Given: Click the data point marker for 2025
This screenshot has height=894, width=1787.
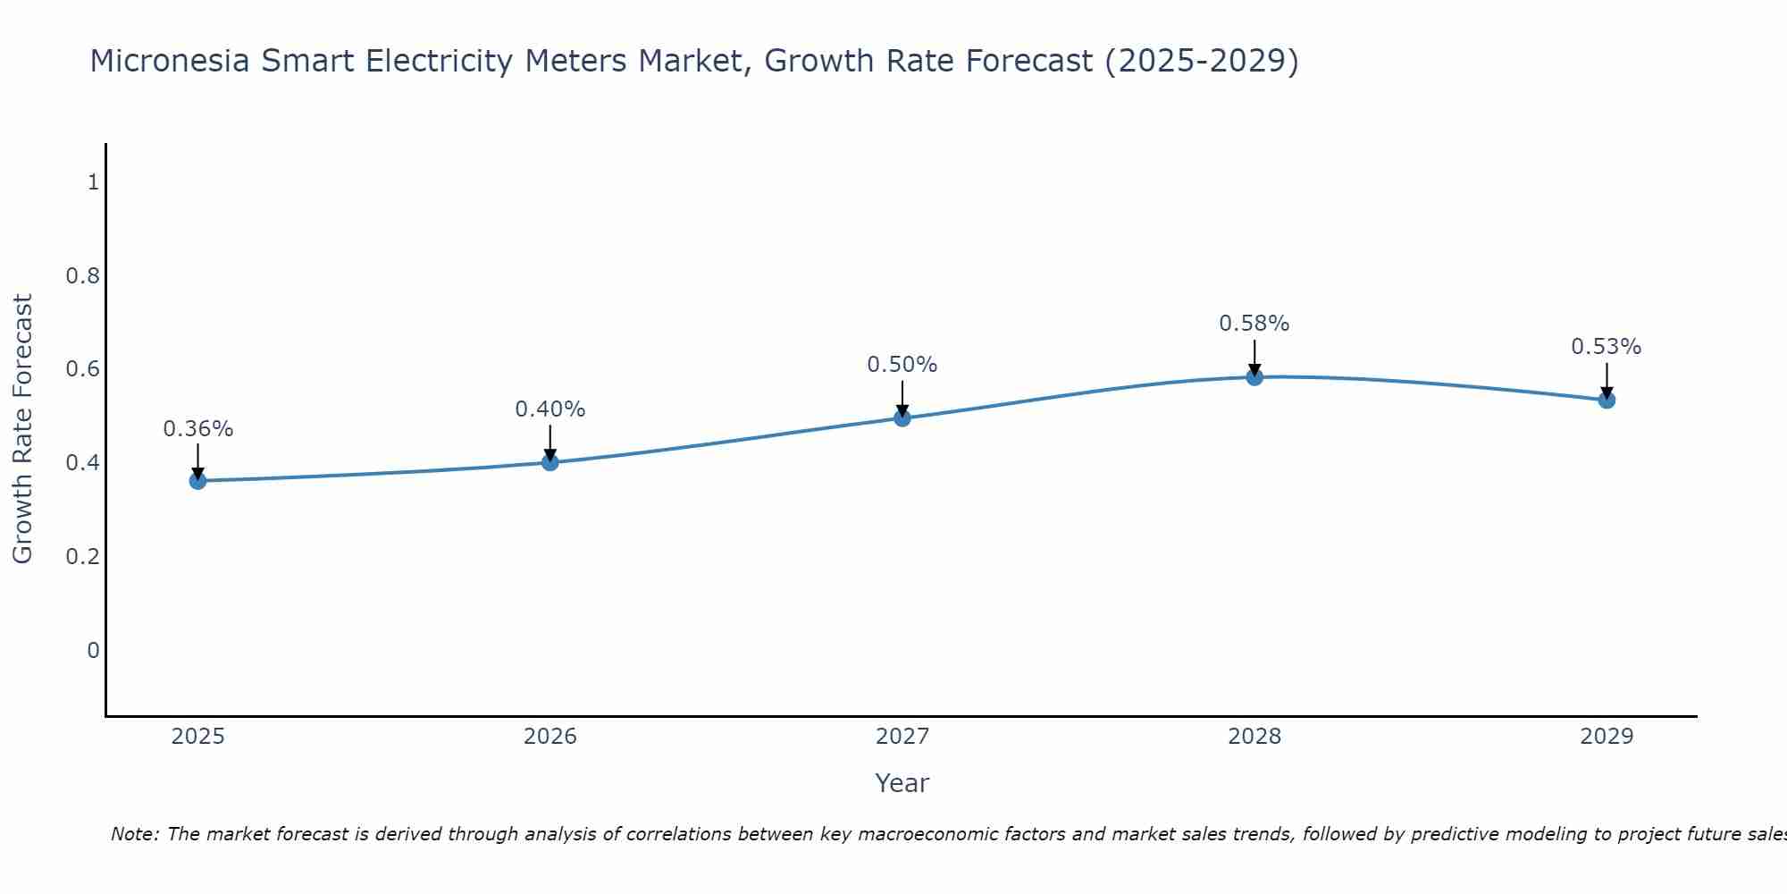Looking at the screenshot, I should pyautogui.click(x=197, y=481).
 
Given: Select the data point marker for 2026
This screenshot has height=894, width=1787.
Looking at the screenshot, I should pyautogui.click(x=550, y=462).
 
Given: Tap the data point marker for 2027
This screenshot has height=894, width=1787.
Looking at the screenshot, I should pyautogui.click(x=902, y=417).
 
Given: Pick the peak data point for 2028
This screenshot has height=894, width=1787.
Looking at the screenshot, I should pyautogui.click(x=1254, y=377).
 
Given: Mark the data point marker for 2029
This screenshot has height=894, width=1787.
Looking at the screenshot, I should pyautogui.click(x=1607, y=400).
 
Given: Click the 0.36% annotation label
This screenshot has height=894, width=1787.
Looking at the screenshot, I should pyautogui.click(x=197, y=429).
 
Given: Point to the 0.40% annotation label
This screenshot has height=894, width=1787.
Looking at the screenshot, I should pyautogui.click(x=550, y=409).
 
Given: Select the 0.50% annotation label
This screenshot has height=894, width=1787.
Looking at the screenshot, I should pyautogui.click(x=902, y=365).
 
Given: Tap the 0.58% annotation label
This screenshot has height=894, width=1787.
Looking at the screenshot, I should pyautogui.click(x=1254, y=324).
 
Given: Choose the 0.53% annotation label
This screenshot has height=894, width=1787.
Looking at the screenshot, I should pyautogui.click(x=1607, y=347).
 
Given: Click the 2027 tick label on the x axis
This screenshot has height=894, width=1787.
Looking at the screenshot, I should pyautogui.click(x=902, y=737).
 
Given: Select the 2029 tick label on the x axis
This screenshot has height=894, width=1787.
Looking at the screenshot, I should pyautogui.click(x=1607, y=737).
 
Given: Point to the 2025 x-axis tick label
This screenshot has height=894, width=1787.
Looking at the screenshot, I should pyautogui.click(x=197, y=737).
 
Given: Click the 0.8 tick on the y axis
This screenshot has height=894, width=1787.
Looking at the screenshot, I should pyautogui.click(x=83, y=275).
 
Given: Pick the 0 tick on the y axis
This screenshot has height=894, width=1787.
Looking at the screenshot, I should pyautogui.click(x=93, y=650).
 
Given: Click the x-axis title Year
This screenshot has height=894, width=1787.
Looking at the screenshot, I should pyautogui.click(x=902, y=783).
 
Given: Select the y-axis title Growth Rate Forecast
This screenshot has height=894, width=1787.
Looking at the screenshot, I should pyautogui.click(x=22, y=429).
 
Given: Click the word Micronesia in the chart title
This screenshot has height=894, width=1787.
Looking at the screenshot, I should pyautogui.click(x=171, y=61).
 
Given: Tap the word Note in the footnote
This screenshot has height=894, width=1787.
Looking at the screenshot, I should pyautogui.click(x=133, y=834).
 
